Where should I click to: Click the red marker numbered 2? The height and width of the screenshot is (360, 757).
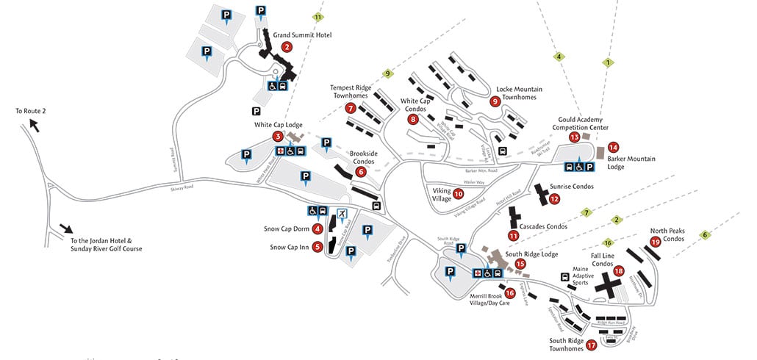tap(287, 47)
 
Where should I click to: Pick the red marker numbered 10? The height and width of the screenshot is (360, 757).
tap(459, 194)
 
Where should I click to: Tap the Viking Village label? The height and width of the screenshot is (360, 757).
tap(442, 194)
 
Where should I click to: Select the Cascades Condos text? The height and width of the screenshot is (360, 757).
tap(543, 226)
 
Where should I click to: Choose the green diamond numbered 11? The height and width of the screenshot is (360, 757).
tap(317, 16)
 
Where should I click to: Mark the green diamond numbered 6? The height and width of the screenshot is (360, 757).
tap(706, 235)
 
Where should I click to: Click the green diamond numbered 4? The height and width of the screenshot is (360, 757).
tap(559, 56)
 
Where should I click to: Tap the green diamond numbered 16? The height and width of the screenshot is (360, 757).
tap(608, 242)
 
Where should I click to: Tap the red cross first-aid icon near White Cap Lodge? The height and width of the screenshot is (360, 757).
tap(279, 151)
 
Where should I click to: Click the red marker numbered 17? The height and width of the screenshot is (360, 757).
tap(592, 344)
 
